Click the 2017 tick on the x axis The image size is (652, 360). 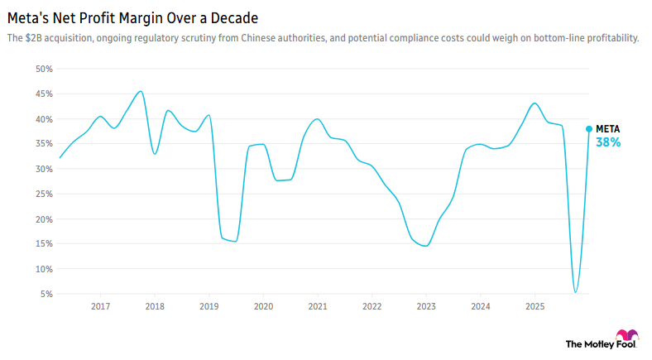100,307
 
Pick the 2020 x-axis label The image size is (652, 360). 263,307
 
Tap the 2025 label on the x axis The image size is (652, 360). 534,307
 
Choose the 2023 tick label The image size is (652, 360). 425,307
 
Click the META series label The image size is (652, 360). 607,129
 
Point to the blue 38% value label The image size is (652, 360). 608,142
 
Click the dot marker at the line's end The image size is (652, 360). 589,128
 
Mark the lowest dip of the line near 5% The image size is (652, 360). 576,292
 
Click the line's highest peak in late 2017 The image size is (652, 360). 141,91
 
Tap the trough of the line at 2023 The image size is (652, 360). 425,246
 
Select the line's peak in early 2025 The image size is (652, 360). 535,103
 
